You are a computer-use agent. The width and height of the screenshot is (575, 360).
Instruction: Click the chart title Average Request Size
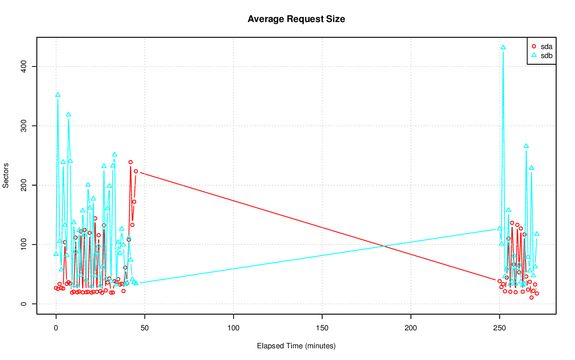click(x=296, y=19)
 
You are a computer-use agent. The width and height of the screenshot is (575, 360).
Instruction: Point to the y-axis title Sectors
click(x=6, y=179)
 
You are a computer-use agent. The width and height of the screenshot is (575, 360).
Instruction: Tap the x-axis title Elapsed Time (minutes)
click(x=296, y=346)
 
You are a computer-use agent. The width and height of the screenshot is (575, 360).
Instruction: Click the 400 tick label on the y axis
click(x=25, y=67)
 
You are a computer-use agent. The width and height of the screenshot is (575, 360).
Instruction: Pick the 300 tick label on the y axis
click(x=25, y=126)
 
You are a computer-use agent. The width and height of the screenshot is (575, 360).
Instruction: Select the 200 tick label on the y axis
click(x=25, y=185)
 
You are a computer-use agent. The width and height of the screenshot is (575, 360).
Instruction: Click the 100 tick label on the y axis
click(x=25, y=244)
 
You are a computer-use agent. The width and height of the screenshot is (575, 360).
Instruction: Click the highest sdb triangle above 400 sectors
click(x=503, y=47)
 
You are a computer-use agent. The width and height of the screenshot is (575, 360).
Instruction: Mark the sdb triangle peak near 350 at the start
click(x=57, y=95)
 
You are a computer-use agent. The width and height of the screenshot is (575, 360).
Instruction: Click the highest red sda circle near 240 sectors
click(x=131, y=162)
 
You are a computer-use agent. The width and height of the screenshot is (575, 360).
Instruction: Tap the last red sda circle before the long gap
click(x=136, y=171)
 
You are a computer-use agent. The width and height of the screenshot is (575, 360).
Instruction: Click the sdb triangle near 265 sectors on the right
click(x=526, y=146)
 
